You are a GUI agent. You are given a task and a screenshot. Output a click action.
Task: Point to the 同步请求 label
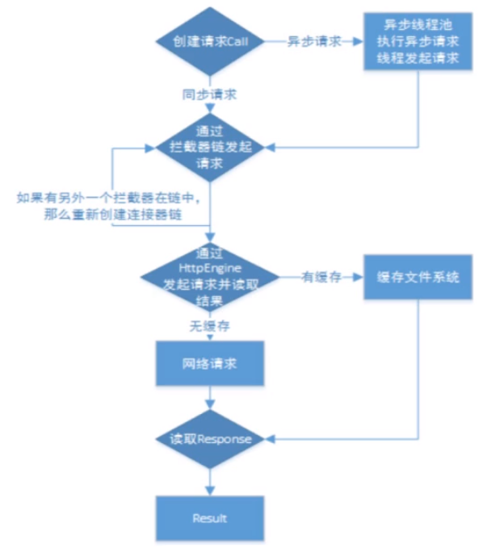[x=208, y=94]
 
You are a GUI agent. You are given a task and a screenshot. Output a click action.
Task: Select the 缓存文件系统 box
[x=417, y=277]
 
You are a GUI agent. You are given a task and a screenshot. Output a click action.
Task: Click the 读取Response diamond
[x=210, y=439]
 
